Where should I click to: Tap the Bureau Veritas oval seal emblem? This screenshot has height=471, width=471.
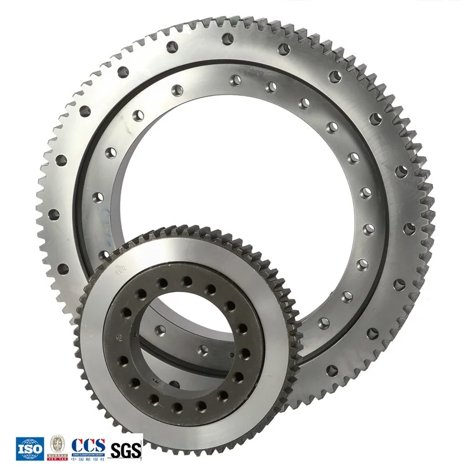click(57, 442)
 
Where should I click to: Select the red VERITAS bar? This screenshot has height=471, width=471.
click(57, 457)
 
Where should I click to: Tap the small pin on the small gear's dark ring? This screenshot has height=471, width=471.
click(120, 337)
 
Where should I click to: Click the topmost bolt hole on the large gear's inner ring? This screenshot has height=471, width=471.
click(235, 78)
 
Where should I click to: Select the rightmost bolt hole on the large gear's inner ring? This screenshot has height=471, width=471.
click(368, 228)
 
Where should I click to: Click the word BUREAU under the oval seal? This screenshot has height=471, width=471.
click(57, 454)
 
